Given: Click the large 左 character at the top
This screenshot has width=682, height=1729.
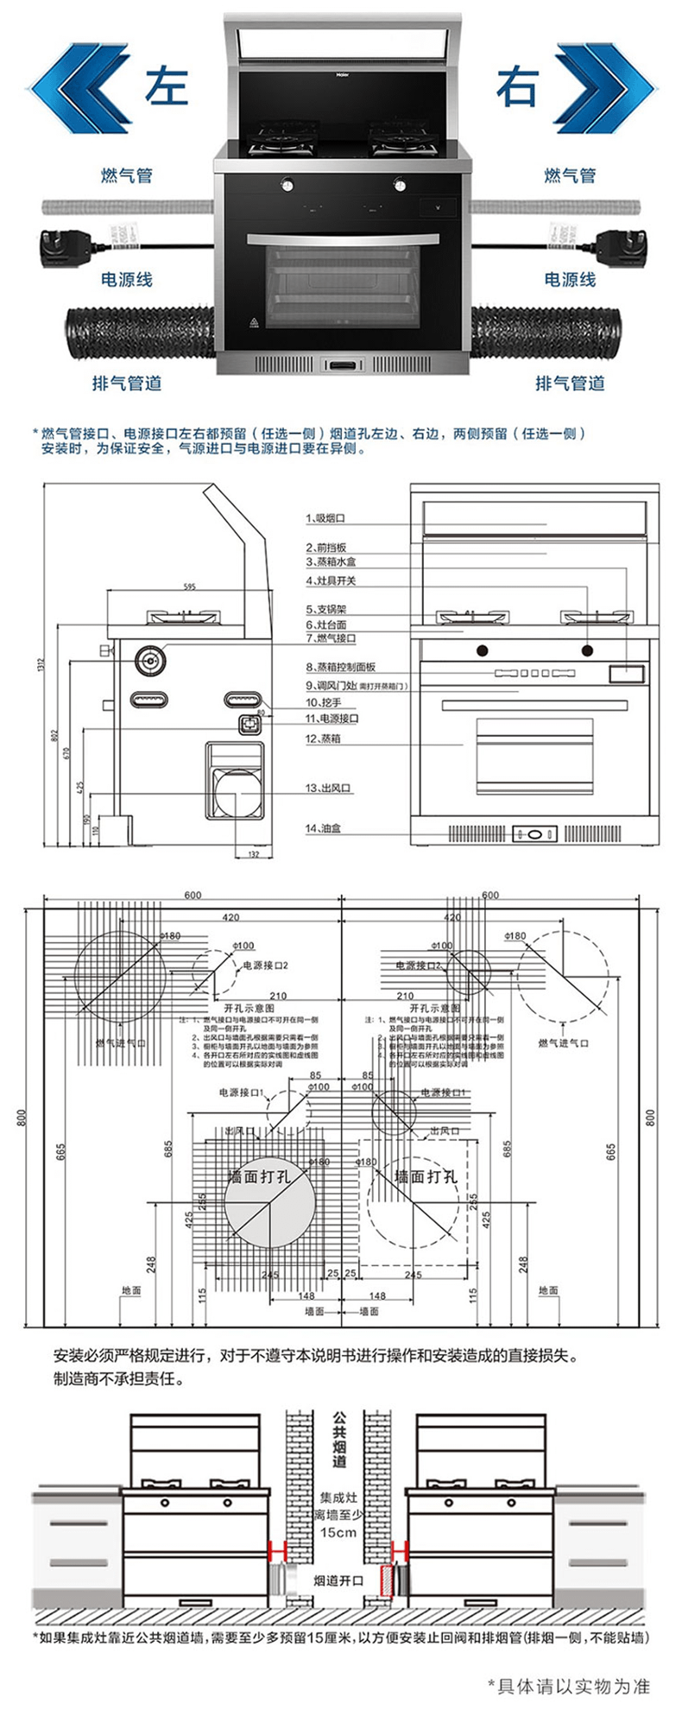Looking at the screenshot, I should [x=167, y=86].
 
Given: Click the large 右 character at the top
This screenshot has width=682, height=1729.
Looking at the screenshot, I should [x=517, y=86].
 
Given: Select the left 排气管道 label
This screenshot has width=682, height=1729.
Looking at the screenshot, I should [x=127, y=383].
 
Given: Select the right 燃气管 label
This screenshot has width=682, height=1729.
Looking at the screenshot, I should [x=570, y=175].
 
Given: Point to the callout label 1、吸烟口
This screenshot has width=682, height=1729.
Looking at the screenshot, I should [x=325, y=518].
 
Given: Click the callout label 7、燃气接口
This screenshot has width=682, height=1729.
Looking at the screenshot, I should [x=331, y=638].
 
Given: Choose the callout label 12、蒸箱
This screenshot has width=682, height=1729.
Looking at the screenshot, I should [x=324, y=738].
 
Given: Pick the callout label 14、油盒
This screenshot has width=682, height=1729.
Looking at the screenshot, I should [x=324, y=828].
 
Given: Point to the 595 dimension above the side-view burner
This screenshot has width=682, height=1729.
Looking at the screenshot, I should [x=189, y=586].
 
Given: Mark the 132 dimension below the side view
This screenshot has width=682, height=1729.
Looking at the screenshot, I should [x=253, y=854].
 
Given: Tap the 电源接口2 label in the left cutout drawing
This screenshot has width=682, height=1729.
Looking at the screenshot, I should [x=264, y=965].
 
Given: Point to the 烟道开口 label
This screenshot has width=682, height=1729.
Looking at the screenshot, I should [x=338, y=1581].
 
